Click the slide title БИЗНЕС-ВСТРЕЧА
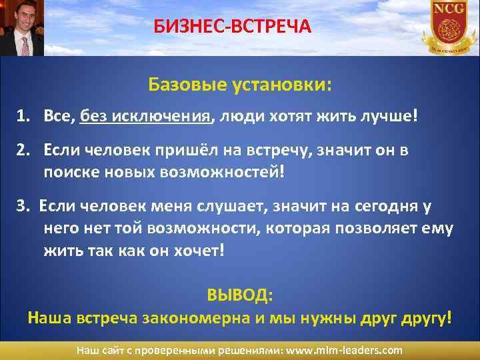pyautogui.click(x=232, y=27)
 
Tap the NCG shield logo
pyautogui.click(x=448, y=27)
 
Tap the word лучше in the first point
pyautogui.click(x=393, y=117)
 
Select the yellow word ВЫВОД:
pyautogui.click(x=240, y=294)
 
